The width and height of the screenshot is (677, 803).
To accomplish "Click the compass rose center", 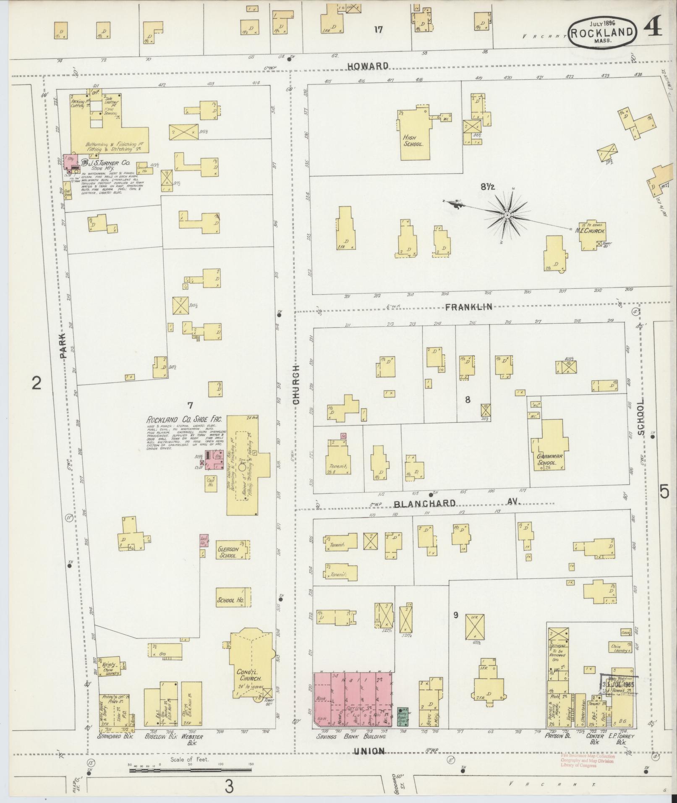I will (x=507, y=215).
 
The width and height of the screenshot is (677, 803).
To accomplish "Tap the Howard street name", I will (x=367, y=66).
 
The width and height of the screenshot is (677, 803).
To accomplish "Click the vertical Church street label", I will (x=296, y=384).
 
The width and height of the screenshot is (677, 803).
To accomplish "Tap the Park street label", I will (x=63, y=345).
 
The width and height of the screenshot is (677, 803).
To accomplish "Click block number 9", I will (x=456, y=615).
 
